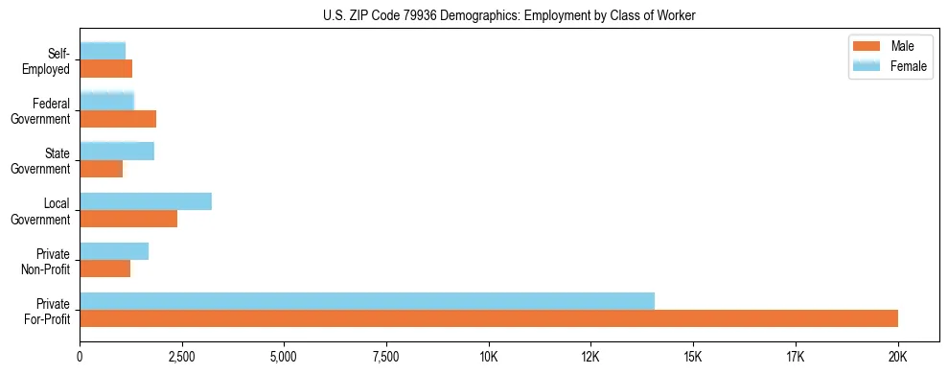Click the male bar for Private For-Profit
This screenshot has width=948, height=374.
coord(489,318)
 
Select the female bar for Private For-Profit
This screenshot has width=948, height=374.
coord(367,300)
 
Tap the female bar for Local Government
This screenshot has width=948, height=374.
coord(146,201)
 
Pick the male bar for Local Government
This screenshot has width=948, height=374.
coord(128,219)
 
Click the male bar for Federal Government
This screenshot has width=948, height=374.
coord(118,119)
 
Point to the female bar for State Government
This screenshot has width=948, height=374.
coord(117,152)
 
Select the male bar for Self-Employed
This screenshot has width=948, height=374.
coord(105,69)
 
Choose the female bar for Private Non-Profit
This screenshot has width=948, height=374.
coord(114,251)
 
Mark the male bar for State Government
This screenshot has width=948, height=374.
coord(102,169)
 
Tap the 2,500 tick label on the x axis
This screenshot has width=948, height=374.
coord(182,357)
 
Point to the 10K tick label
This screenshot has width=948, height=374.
coord(489,357)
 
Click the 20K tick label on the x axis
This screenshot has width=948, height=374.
coord(898,357)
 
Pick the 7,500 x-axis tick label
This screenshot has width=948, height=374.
coord(386,357)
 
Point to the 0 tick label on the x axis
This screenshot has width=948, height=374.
coord(81,357)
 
